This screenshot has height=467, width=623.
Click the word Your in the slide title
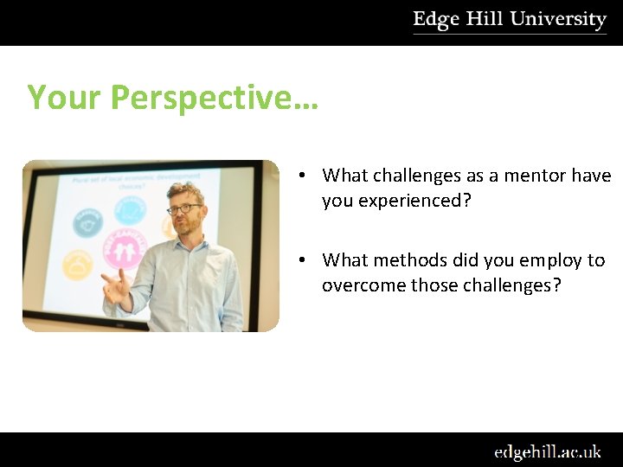coord(65,98)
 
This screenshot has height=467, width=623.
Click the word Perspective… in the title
coord(215,98)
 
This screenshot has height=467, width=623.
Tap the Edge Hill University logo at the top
coord(509,21)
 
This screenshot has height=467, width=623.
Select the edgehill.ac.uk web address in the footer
coord(547,451)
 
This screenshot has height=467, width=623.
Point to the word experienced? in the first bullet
coord(405,200)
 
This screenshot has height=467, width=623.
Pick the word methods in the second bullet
coord(411,260)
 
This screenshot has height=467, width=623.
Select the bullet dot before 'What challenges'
coord(299,176)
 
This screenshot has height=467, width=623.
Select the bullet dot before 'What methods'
coord(299,261)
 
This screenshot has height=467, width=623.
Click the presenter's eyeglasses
coord(184,208)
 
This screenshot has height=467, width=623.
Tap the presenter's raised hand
coord(118,285)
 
